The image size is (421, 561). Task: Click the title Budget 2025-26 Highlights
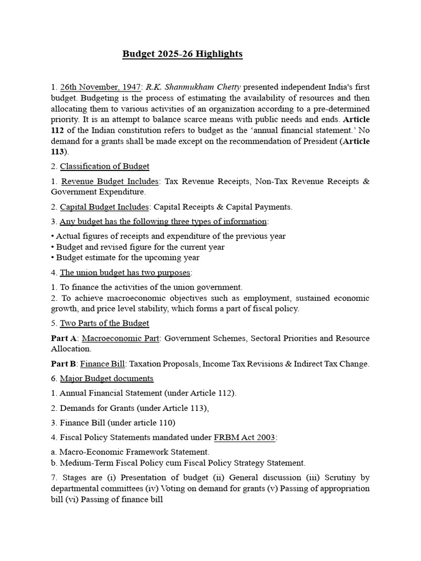click(x=182, y=54)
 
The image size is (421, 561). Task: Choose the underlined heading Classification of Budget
click(x=104, y=166)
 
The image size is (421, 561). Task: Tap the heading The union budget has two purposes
click(x=126, y=272)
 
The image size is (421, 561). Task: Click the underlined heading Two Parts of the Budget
click(x=104, y=323)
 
